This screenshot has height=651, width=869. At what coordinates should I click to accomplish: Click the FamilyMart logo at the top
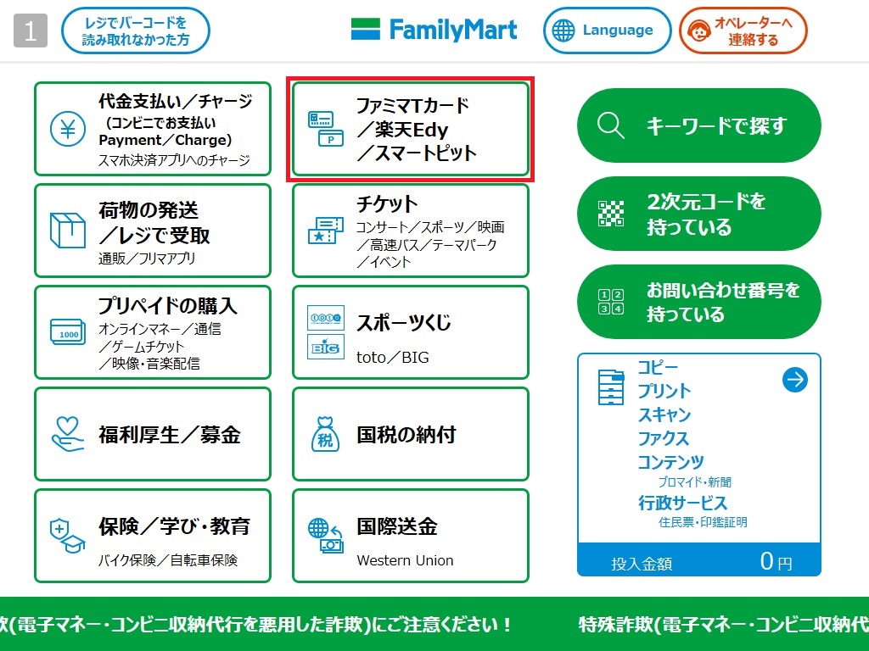tap(434, 31)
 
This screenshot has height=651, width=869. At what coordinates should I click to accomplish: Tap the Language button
tap(607, 31)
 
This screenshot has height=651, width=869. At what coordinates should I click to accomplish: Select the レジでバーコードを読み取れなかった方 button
tap(135, 31)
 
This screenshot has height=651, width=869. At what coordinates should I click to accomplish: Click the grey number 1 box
tap(31, 31)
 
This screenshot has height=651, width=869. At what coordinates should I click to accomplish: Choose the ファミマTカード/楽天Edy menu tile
tap(411, 129)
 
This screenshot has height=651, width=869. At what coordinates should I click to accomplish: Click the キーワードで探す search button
tap(699, 125)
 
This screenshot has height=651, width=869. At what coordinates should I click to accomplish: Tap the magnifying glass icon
tap(610, 125)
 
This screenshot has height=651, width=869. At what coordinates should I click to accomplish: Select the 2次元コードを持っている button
tap(699, 214)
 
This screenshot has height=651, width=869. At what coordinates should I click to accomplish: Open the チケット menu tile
tap(411, 231)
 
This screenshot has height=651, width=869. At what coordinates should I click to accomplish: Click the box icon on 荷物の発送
tap(68, 231)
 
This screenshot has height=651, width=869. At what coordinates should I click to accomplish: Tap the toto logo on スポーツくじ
tap(325, 318)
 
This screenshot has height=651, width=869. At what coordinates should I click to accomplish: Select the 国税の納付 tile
tap(411, 434)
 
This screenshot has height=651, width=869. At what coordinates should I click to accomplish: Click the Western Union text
tap(405, 560)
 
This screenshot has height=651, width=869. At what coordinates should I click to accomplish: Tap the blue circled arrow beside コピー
tap(795, 380)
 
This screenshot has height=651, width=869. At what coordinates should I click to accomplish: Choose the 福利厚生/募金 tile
tap(153, 434)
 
